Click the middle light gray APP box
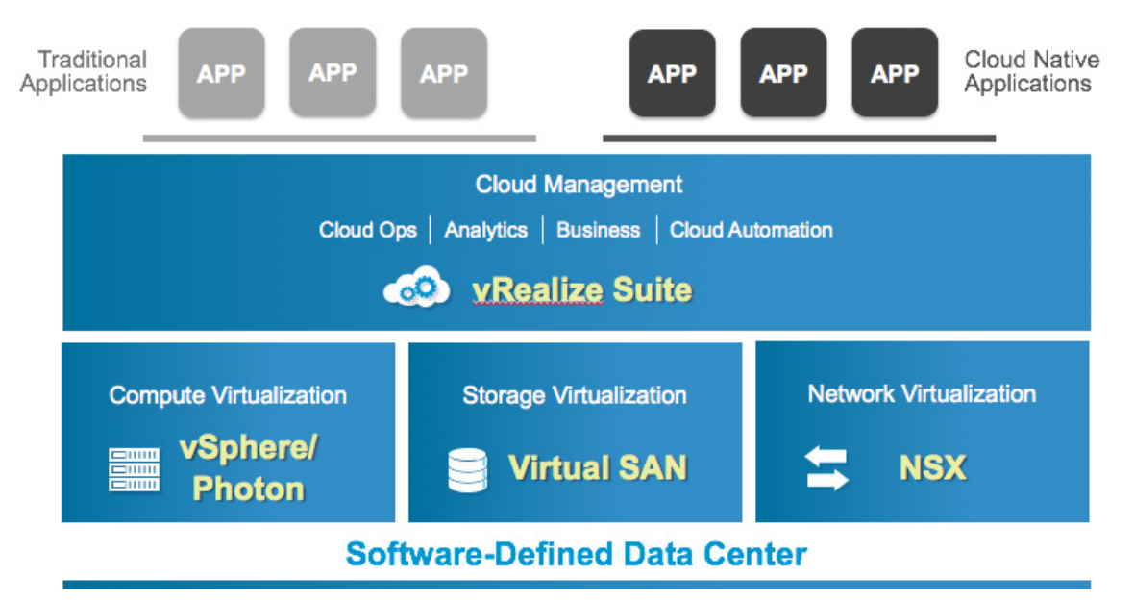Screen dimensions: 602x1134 click(333, 72)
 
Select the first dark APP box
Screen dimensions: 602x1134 click(672, 73)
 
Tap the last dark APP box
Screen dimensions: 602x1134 click(895, 73)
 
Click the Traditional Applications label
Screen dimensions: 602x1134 click(84, 72)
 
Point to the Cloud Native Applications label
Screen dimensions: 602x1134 click(1031, 72)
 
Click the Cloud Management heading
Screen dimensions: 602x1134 click(579, 185)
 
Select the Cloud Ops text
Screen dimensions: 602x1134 click(368, 231)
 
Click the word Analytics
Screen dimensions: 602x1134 click(485, 231)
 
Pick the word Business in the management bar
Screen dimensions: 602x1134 click(598, 231)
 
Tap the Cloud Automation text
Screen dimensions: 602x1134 click(751, 231)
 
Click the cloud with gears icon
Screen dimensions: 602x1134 click(417, 288)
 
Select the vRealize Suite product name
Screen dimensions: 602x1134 click(581, 289)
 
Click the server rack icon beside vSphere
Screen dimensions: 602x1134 click(134, 469)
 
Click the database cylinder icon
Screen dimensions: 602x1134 click(467, 469)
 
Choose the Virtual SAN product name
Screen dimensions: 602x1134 click(598, 467)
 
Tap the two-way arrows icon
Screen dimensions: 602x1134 click(826, 468)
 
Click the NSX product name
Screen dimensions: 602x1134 click(932, 467)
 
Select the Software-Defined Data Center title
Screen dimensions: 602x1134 click(577, 554)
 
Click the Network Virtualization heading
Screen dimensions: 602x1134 click(922, 394)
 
